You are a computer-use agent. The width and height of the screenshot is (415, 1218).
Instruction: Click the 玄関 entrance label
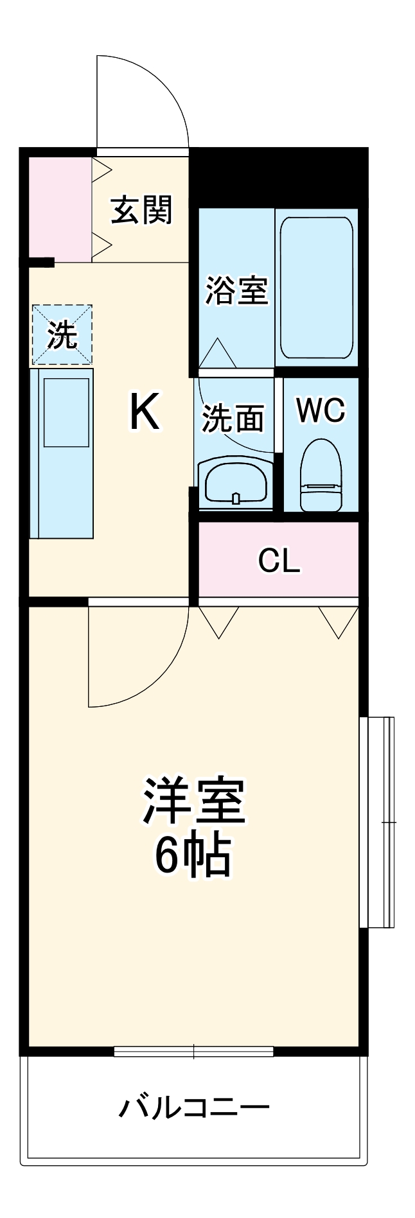tap(141, 210)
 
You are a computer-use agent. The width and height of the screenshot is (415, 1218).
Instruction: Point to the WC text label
tap(321, 410)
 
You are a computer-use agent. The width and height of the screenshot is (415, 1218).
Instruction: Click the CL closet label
tap(279, 561)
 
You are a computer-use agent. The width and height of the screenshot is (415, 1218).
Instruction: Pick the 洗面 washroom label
tap(233, 419)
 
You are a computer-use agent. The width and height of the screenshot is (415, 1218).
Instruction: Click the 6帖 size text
tap(193, 856)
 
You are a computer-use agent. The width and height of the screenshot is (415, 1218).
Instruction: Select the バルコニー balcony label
tap(193, 1108)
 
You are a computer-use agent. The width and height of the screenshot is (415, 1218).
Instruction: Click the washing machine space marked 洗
tap(62, 335)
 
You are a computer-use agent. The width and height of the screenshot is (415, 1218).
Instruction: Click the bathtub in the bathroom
tap(317, 288)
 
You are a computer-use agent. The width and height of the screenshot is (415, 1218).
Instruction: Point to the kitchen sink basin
tap(66, 412)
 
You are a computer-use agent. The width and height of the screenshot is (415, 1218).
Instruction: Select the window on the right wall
tap(376, 822)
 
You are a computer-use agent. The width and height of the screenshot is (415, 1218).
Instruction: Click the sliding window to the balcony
tap(193, 1052)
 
